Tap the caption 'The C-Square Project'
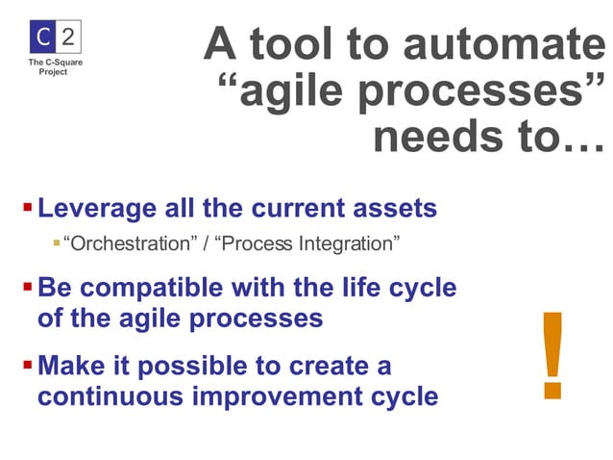(x=47, y=67)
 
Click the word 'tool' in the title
(x=320, y=44)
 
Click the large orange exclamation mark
(x=552, y=355)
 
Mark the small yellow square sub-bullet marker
(x=56, y=243)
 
